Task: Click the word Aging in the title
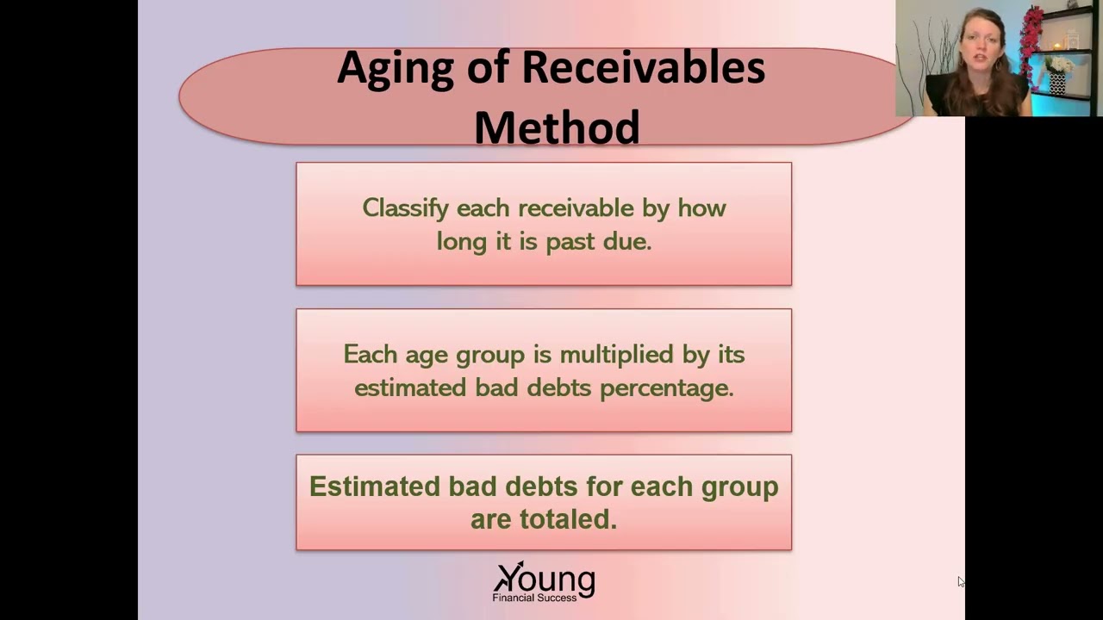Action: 395,69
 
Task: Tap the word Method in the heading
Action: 557,127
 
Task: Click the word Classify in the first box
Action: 405,209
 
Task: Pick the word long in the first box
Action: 461,242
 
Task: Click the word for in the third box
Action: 604,487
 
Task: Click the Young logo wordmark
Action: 545,578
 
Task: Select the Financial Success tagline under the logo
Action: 534,597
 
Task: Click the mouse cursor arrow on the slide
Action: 961,582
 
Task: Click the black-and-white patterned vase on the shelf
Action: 1057,84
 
